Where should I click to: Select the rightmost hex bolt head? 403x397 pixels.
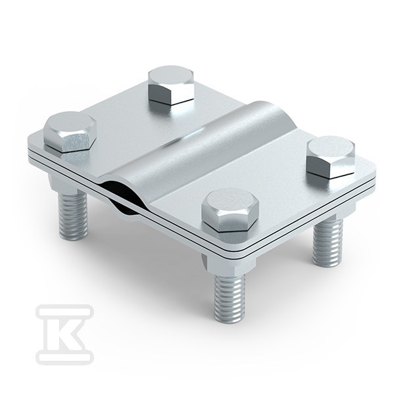click(x=331, y=156)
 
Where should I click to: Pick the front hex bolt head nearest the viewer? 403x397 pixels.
click(x=230, y=210)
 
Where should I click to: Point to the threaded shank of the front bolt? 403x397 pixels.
click(x=229, y=298)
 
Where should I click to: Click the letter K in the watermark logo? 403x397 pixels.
click(x=64, y=335)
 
